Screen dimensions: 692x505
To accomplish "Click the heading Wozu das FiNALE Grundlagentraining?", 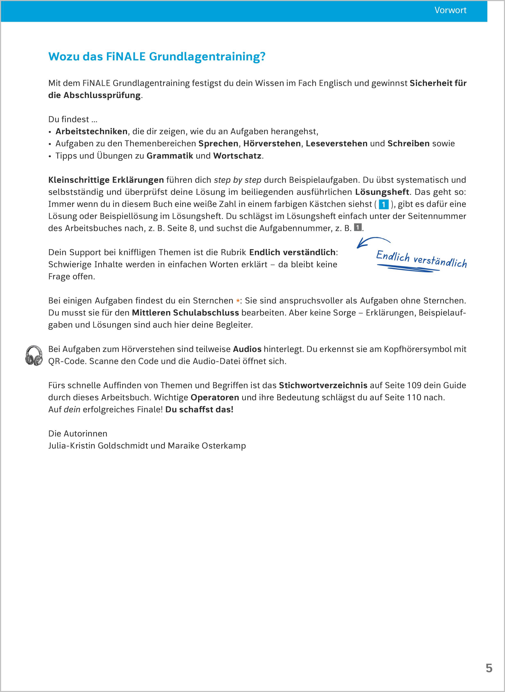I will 157,57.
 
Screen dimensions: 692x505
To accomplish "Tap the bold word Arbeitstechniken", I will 91,132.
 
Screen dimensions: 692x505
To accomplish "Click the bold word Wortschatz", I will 237,156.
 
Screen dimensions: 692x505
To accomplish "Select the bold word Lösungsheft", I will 382,192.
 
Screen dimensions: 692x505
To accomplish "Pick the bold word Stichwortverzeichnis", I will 323,385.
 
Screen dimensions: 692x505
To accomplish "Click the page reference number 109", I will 414,385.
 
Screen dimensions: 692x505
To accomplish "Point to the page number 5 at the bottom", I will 489,668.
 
